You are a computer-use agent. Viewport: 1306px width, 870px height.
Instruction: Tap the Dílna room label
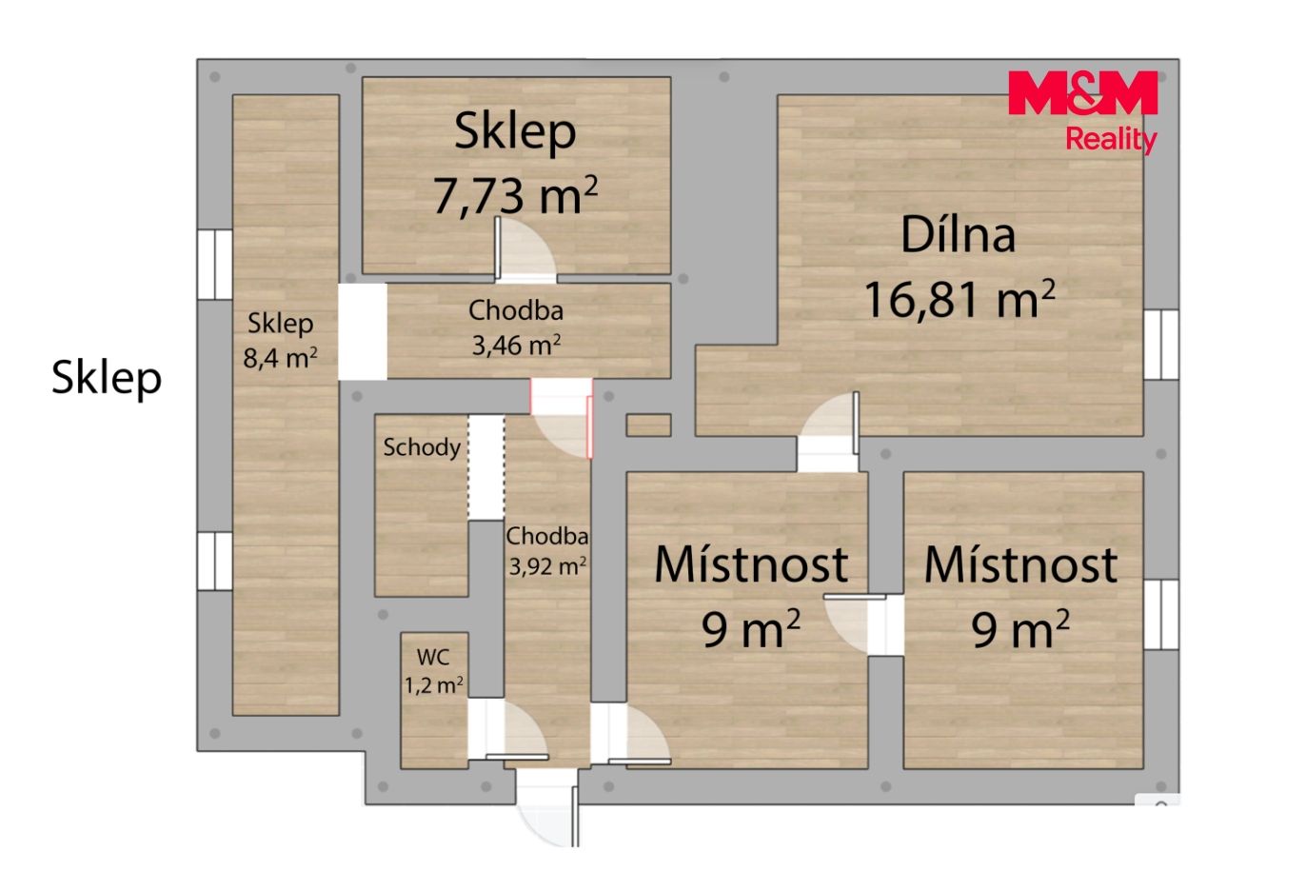point(958,235)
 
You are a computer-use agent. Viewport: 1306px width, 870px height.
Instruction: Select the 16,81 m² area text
point(960,299)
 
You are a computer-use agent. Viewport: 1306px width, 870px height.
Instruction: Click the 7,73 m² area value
point(515,195)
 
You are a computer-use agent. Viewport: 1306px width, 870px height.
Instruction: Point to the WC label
point(433,657)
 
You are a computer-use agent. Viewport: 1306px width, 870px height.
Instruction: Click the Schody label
point(422,447)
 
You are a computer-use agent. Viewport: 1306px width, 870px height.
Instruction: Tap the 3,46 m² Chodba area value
point(516,346)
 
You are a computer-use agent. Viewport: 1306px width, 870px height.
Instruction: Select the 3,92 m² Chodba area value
point(547,565)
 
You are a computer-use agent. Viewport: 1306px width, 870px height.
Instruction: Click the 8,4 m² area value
point(280,358)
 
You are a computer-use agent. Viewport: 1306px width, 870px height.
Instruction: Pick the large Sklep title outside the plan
point(106,379)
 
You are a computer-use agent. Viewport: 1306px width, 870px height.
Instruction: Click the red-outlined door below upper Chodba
point(562,418)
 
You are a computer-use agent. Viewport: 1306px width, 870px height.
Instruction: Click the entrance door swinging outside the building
point(547,808)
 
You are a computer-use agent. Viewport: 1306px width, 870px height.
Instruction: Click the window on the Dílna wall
point(1160,345)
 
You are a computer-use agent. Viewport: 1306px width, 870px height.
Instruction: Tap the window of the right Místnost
point(1160,614)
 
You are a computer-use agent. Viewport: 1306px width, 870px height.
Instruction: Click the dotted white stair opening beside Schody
point(486,467)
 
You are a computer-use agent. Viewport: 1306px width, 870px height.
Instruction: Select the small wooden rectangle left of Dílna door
point(648,425)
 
